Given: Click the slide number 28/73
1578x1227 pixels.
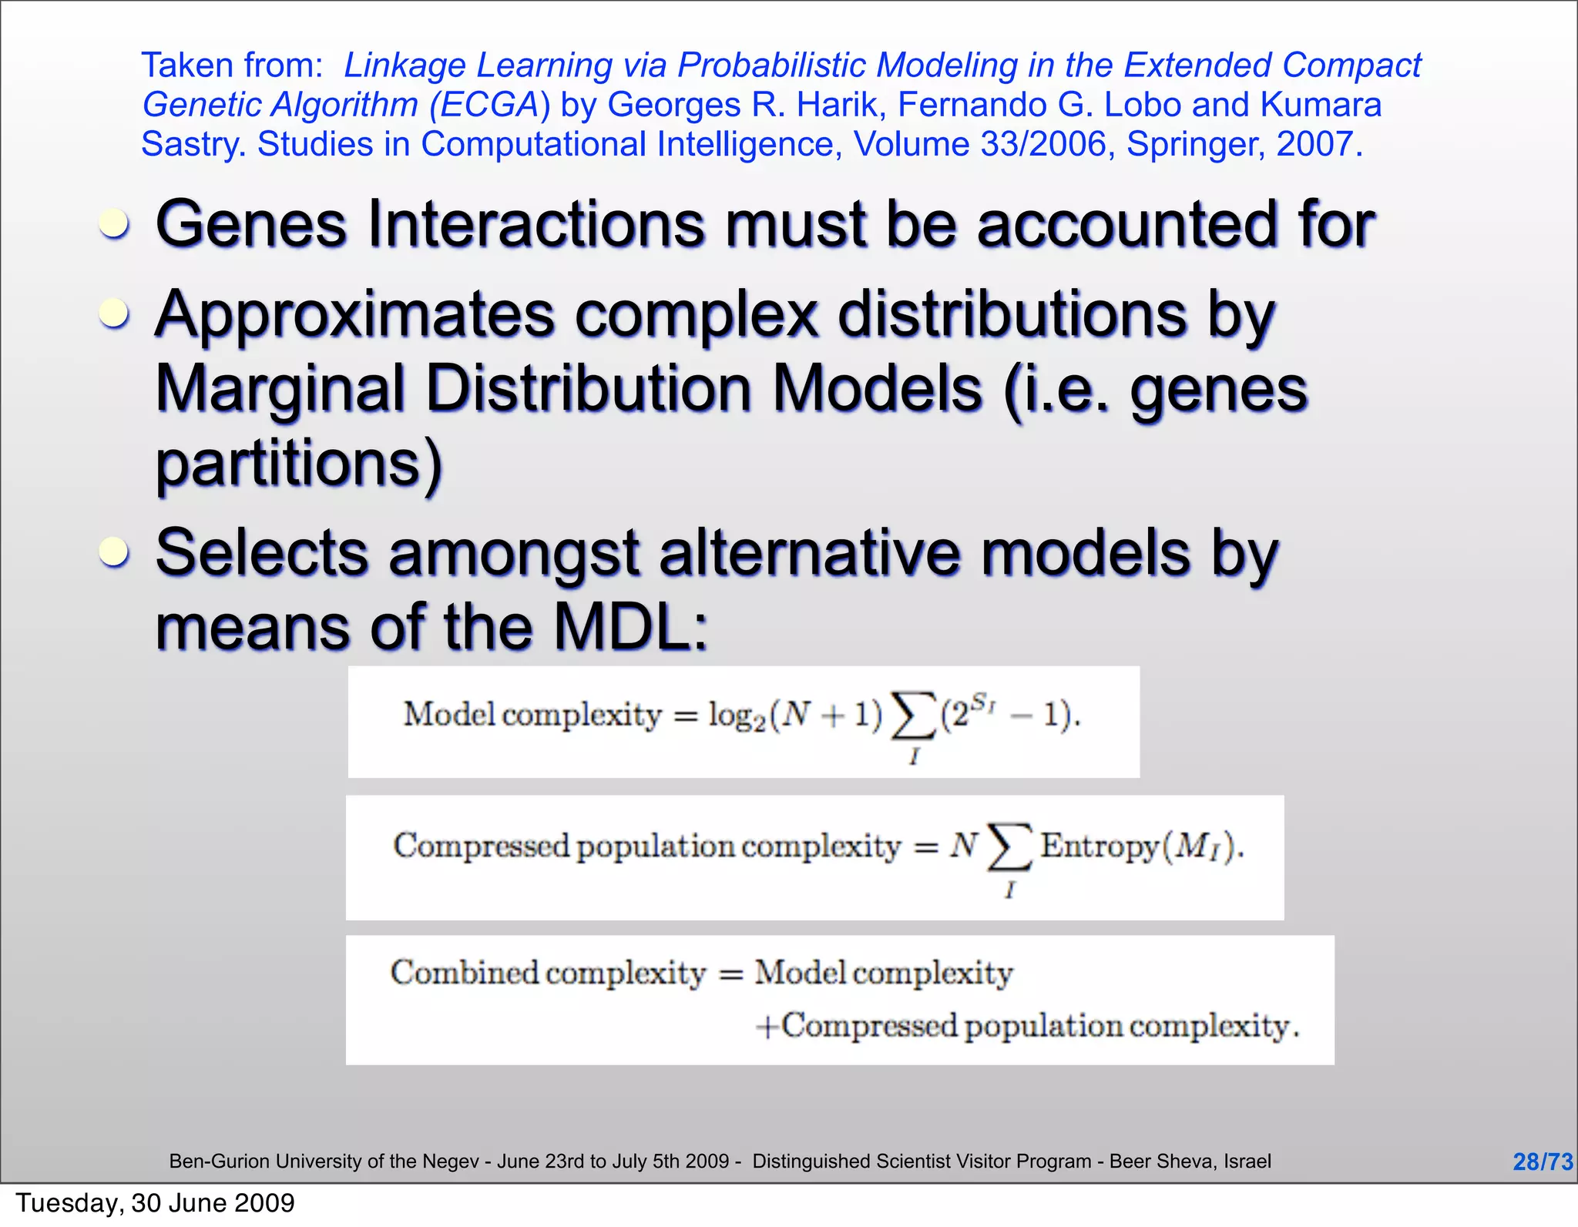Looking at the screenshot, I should pos(1542,1162).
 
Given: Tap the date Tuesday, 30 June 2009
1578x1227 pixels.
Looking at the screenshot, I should pos(155,1203).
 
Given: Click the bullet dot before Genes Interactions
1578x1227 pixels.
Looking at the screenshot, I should pos(115,225).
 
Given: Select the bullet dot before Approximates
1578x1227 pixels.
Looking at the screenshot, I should pos(115,314).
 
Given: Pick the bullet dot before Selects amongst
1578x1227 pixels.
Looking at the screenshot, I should pos(115,552).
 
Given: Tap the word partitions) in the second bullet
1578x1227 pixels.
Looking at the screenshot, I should pos(299,464).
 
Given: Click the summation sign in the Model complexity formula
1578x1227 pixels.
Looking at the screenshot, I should pos(913,717).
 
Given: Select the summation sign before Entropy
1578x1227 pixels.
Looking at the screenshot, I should pos(1009,847).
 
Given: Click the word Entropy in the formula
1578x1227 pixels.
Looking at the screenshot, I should pos(1099,846).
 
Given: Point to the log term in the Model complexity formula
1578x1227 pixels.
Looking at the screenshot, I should pos(737,716).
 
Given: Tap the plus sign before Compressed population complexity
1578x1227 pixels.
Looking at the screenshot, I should pos(767,1027).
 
